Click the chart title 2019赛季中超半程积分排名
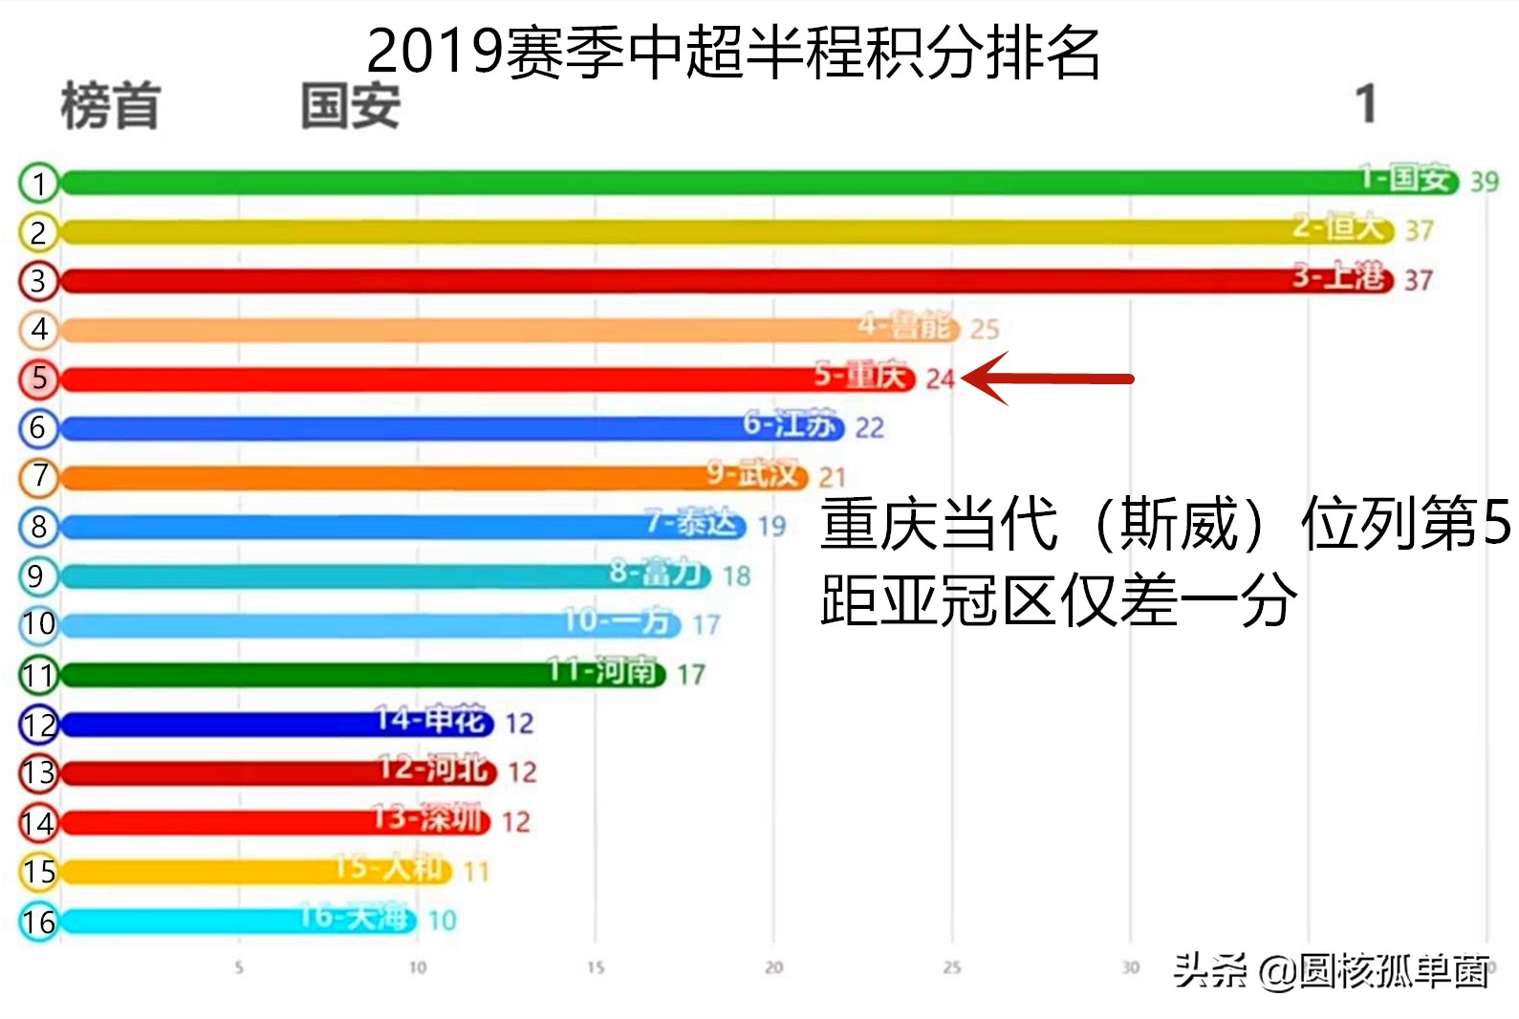pyautogui.click(x=733, y=52)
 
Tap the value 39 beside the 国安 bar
pyautogui.click(x=1484, y=182)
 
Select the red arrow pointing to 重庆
pyautogui.click(x=1047, y=379)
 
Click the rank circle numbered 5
pyautogui.click(x=38, y=379)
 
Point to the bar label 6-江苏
pyautogui.click(x=790, y=424)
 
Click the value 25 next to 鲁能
pyautogui.click(x=984, y=330)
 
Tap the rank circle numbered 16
pyautogui.click(x=38, y=921)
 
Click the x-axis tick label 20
pyautogui.click(x=773, y=967)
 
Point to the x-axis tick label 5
pyautogui.click(x=239, y=967)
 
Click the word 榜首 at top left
pyautogui.click(x=110, y=105)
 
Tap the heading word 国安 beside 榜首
pyautogui.click(x=350, y=105)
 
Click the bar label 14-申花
pyautogui.click(x=433, y=719)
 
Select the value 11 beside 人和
pyautogui.click(x=476, y=872)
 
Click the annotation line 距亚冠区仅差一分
pyautogui.click(x=1058, y=600)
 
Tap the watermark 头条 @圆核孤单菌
pyautogui.click(x=1331, y=971)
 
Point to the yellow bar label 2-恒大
pyautogui.click(x=1339, y=228)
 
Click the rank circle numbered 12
pyautogui.click(x=38, y=725)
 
